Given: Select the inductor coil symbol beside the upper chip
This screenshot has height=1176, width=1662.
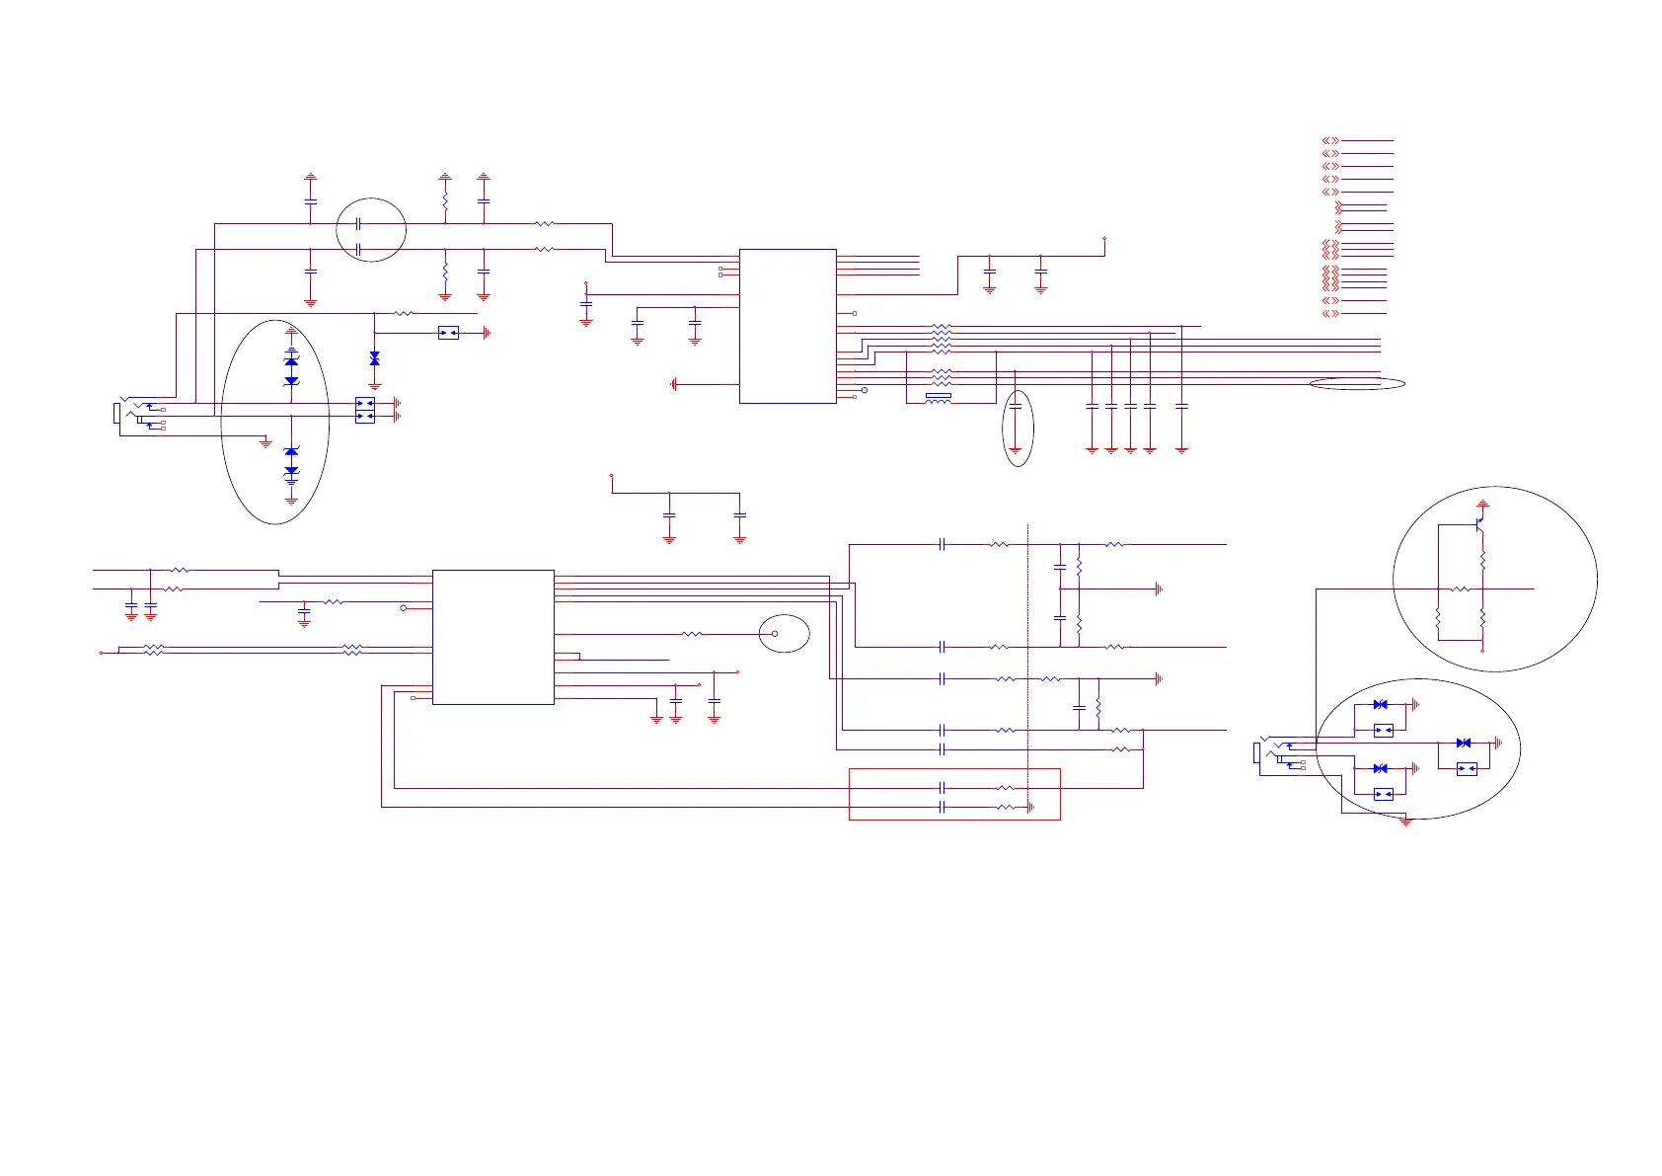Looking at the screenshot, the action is (x=938, y=397).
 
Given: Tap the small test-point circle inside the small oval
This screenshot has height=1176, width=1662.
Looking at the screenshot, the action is (x=775, y=634).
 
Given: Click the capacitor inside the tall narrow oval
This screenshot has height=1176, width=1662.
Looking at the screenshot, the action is (x=1016, y=407).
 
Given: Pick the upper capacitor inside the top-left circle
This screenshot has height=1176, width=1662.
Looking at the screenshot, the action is (x=358, y=224).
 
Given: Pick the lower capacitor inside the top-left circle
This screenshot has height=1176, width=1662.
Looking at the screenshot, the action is (x=358, y=250).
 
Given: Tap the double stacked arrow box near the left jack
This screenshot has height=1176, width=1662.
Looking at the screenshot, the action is (x=364, y=410).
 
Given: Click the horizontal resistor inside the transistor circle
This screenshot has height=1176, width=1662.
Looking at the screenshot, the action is (x=1461, y=589).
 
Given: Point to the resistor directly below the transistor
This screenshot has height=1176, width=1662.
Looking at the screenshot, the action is (x=1482, y=560).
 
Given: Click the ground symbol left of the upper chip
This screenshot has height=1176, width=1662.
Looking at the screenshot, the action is (x=673, y=384).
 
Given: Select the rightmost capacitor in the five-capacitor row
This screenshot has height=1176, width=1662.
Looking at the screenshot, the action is (x=1181, y=406).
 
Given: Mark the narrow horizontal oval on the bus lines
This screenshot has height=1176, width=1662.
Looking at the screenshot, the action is (x=1357, y=384).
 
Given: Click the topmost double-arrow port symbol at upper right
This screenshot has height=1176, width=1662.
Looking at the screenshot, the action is (x=1330, y=141).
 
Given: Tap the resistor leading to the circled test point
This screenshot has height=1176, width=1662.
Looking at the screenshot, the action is (x=692, y=634).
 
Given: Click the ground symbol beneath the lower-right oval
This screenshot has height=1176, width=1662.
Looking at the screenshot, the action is (x=1406, y=822).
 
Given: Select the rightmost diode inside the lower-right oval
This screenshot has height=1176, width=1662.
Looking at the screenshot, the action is (x=1464, y=743).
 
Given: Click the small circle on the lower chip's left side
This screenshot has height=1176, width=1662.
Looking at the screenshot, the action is (x=403, y=608).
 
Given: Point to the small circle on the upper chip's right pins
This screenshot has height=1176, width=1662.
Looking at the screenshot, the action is (x=865, y=390).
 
